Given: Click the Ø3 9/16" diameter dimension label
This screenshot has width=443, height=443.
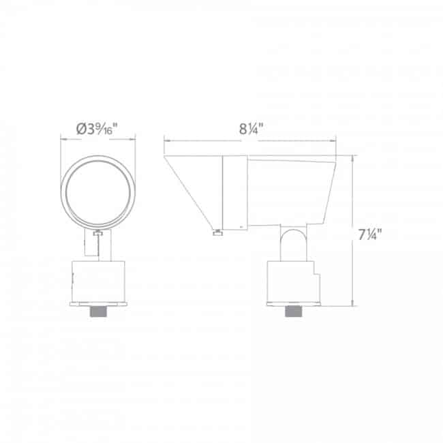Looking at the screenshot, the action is pos(97,129).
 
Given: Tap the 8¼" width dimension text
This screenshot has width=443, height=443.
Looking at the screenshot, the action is pos(251,129).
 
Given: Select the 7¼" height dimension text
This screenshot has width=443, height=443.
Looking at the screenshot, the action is pos(370,234).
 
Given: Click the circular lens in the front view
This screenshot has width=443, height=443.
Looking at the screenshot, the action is pos(98,193).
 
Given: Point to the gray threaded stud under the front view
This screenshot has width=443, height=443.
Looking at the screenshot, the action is pos(98,311).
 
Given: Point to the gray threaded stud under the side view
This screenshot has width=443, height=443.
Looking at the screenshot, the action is pos(294,311).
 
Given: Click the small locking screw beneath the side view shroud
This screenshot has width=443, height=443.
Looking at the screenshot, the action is pos(217,233).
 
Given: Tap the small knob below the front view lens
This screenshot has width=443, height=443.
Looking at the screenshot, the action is pos(97,233).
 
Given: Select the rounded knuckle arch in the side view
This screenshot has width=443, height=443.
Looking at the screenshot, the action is pos(294,245).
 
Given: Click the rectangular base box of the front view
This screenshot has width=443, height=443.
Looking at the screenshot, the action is pos(98,281).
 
